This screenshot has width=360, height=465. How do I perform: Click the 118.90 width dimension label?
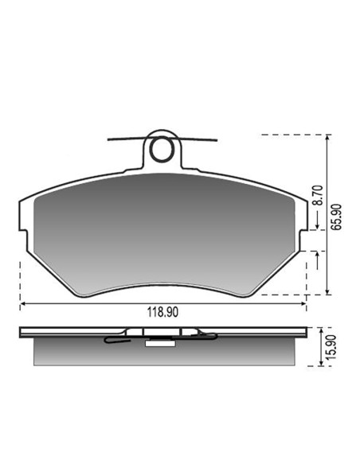162,312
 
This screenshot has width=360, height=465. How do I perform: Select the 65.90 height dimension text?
336,217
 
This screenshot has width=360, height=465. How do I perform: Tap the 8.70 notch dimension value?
319,195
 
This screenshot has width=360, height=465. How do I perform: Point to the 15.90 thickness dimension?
331,347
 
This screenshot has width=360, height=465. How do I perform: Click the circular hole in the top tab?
162,149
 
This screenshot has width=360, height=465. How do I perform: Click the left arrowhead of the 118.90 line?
22,303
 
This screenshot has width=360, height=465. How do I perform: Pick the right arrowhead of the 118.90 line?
303,303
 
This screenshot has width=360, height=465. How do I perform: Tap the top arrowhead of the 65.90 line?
327,137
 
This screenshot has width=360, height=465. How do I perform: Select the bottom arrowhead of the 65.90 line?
327,292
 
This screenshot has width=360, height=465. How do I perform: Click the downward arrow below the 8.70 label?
317,220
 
